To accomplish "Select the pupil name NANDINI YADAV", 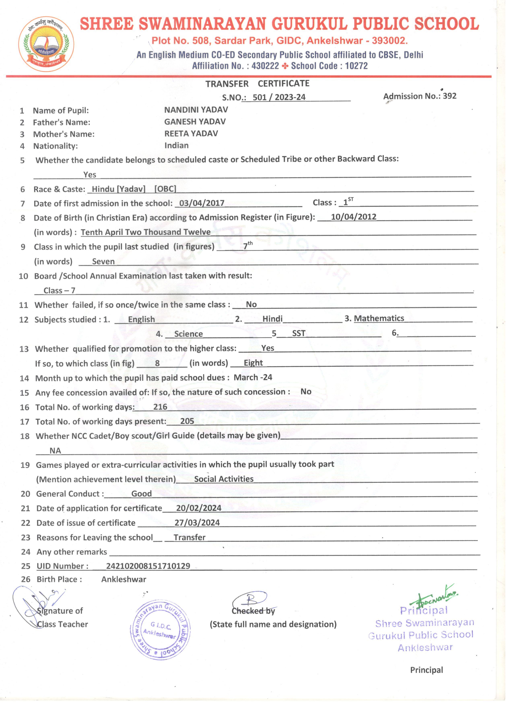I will tap(196, 110).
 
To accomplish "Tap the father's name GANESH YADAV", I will tap(195, 122).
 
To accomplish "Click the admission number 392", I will tap(450, 96).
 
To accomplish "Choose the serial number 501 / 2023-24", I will tap(279, 97).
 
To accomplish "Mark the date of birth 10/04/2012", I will tap(353, 217).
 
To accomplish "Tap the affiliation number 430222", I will tap(265, 66).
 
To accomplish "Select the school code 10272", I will tap(356, 66).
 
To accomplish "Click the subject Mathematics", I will tap(379, 318).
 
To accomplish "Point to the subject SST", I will tap(299, 333).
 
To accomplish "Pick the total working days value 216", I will tap(160, 407).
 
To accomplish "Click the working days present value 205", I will tap(187, 421).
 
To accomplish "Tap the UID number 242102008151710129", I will tap(148, 566).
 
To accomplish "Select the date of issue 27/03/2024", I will tap(197, 523).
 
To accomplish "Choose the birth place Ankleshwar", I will tap(124, 579).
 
